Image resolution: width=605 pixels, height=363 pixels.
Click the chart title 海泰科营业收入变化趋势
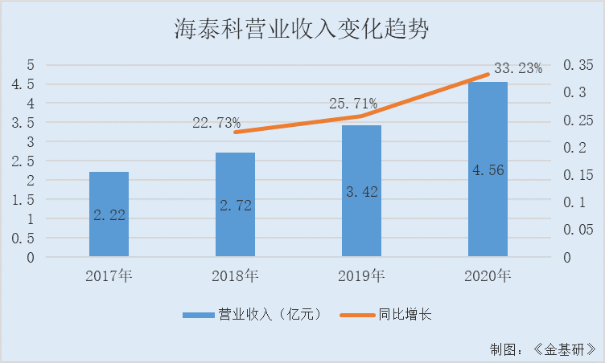(x=302, y=30)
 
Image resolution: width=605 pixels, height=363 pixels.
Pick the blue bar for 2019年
(x=361, y=225)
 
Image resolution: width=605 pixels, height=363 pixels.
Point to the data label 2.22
(x=109, y=214)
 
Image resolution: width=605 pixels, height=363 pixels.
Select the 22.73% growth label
(x=216, y=123)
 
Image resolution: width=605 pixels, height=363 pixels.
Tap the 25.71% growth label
(x=353, y=104)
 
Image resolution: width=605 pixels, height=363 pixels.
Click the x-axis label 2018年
(x=235, y=277)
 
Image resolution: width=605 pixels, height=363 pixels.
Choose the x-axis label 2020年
(x=488, y=277)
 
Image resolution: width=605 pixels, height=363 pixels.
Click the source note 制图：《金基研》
(x=543, y=349)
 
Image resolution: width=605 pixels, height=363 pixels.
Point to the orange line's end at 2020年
(x=488, y=75)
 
